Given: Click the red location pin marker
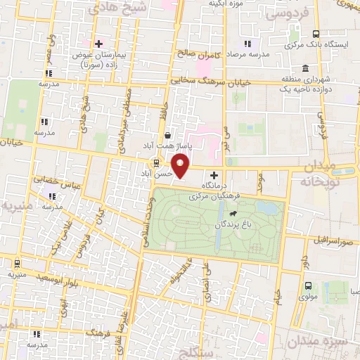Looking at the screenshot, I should pos(181,165).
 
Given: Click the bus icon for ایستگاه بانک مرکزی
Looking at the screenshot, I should pos(316,34).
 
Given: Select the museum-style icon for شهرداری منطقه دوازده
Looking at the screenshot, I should pos(305,69).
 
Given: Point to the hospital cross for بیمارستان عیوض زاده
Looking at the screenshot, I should pos(99,44).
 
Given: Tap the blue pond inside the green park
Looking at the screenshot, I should pos(266,209).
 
